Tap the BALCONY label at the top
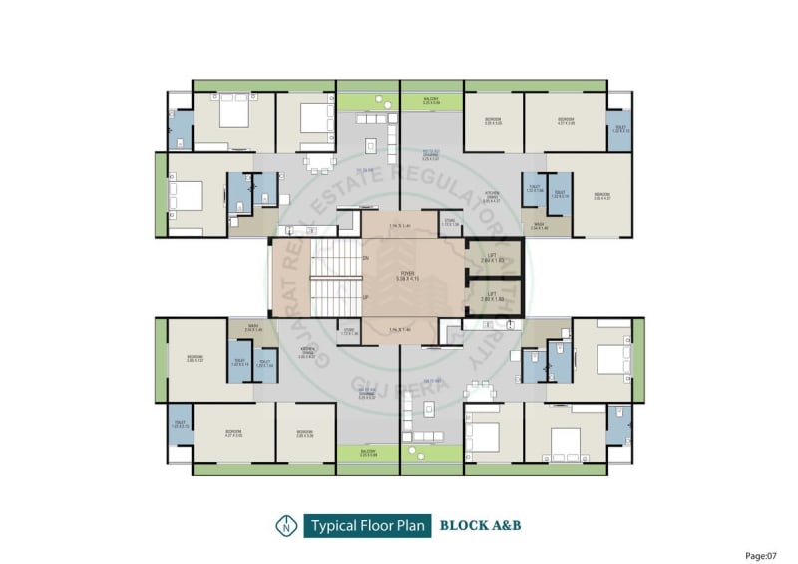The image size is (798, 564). (x=431, y=99)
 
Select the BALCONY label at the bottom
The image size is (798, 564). (x=368, y=452)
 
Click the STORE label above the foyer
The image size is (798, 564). (x=450, y=223)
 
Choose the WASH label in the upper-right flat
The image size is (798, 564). (x=539, y=227)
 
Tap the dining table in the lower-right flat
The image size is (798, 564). (x=481, y=393)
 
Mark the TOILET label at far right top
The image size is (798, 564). (x=618, y=128)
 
